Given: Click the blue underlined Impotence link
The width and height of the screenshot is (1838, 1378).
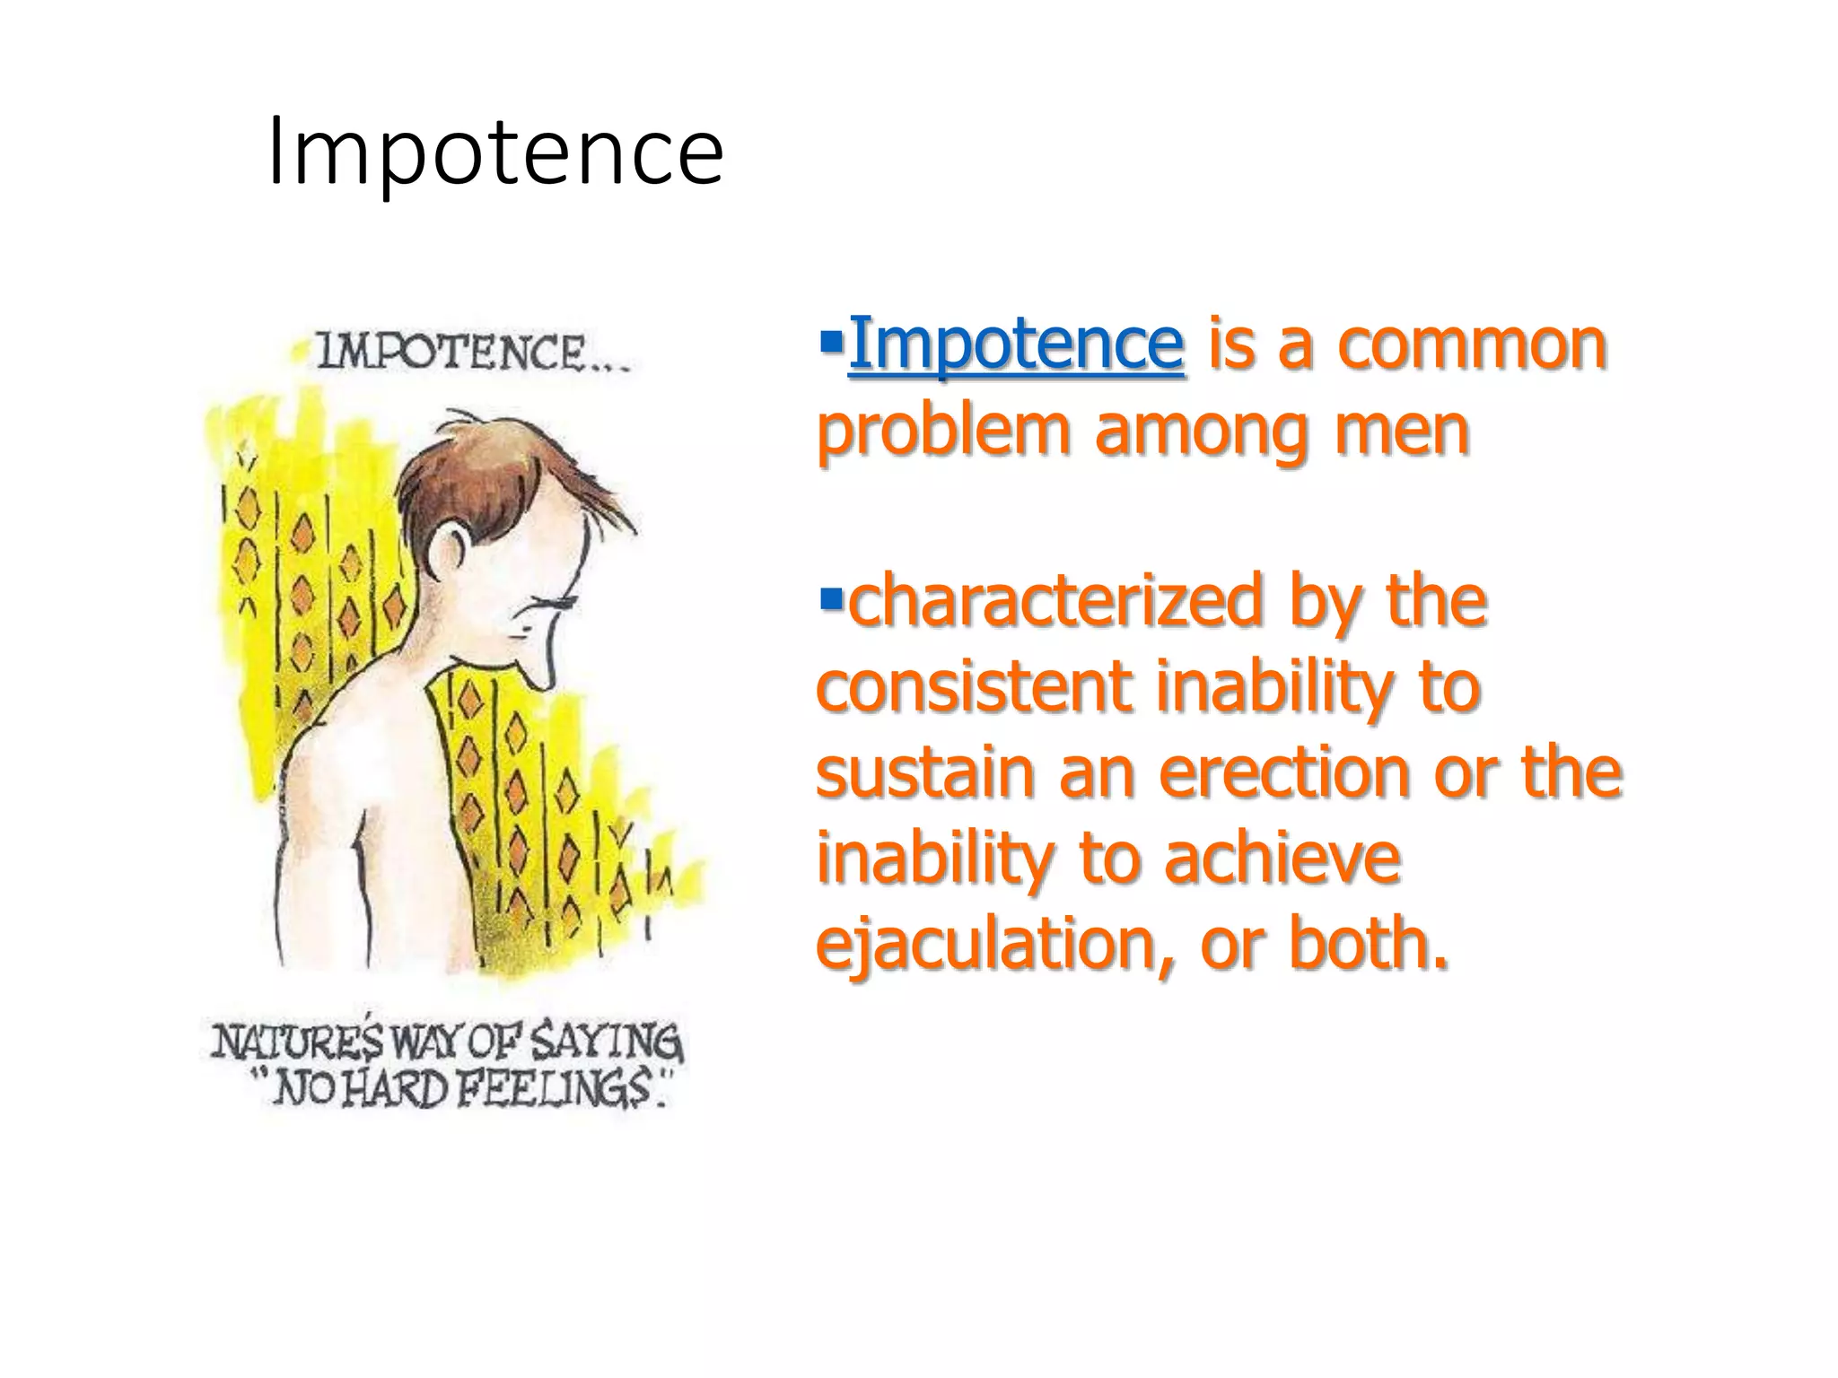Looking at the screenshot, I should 1015,343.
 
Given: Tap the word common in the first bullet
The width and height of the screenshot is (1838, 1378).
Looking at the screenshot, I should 1472,343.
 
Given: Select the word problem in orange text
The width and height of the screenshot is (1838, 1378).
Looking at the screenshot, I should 943,431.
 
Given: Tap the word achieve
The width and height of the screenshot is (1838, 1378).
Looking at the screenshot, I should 1282,858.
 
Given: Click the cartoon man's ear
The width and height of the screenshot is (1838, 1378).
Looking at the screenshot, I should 446,550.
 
